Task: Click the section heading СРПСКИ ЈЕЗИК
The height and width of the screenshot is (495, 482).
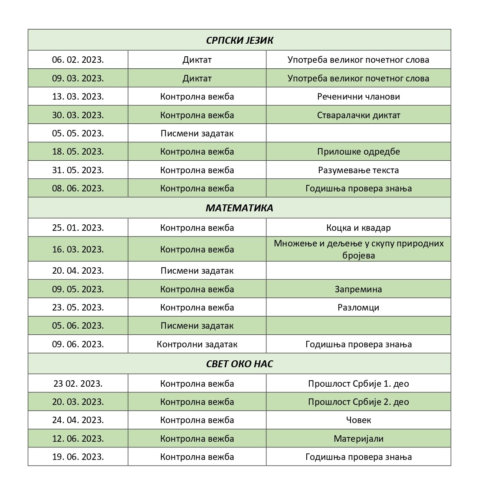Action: tap(239, 40)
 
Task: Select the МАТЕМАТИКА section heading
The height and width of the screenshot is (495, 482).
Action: tap(239, 208)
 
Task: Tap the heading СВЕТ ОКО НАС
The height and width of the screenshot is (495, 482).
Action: tap(239, 364)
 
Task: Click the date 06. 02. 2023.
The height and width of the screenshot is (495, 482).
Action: tap(78, 60)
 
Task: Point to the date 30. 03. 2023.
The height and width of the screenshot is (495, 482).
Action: tap(78, 115)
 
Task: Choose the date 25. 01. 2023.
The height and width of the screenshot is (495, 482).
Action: tap(78, 228)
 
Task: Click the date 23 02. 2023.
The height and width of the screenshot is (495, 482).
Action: tap(78, 384)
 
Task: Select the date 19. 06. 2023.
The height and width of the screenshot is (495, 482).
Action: tap(78, 457)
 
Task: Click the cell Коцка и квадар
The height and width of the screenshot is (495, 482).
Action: tap(358, 228)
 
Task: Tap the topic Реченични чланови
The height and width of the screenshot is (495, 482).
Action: tap(358, 97)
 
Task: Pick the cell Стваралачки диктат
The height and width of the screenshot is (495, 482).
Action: tap(358, 115)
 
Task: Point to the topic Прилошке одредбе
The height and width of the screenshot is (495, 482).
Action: tap(358, 152)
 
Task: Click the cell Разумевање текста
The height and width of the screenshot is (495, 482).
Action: tap(358, 170)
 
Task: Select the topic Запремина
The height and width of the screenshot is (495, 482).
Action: tap(358, 289)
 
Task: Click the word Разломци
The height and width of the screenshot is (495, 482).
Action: tap(358, 307)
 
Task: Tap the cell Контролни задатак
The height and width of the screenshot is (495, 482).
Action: tap(197, 344)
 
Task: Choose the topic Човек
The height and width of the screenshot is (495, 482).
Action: tap(358, 420)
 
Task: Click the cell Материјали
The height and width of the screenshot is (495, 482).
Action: tap(358, 439)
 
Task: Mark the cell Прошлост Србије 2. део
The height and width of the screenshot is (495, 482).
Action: tap(358, 402)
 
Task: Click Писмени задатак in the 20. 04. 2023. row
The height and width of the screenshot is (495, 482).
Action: tap(197, 271)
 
